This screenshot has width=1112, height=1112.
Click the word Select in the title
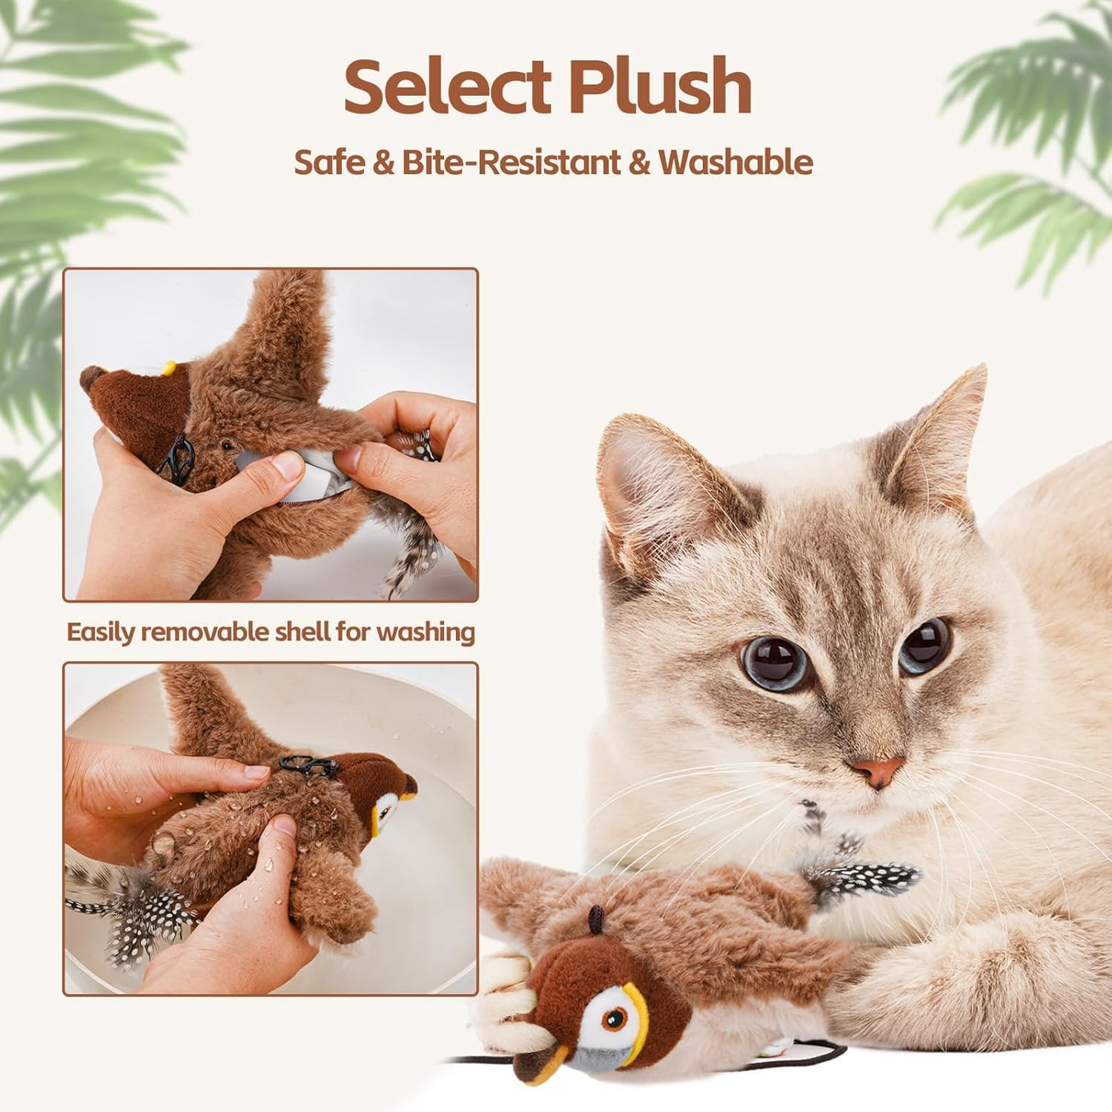(448, 87)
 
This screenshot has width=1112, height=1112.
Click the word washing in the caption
(425, 632)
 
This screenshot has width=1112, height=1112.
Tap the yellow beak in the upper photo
(170, 366)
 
